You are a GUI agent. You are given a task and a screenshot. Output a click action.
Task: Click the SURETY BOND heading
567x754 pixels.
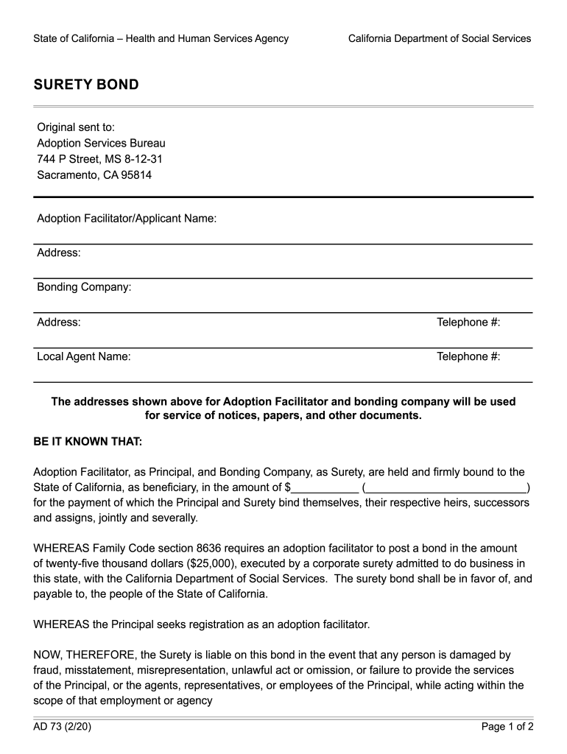pos(86,85)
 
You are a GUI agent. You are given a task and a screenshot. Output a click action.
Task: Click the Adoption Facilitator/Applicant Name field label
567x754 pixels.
pos(127,219)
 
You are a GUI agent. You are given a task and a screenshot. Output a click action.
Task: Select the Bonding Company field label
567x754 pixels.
pos(84,287)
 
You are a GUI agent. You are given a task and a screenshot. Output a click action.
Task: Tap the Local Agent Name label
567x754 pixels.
pos(84,356)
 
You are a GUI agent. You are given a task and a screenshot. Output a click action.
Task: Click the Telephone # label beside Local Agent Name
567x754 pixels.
pos(468,356)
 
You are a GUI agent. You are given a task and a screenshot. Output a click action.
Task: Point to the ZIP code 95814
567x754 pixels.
pos(135,175)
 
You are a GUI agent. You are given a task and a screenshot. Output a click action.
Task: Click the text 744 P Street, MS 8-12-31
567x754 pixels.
pos(99,159)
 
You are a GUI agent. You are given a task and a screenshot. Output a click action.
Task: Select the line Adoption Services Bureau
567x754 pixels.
pos(101,143)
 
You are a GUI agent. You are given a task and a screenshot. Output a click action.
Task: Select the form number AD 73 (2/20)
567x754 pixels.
pos(63,727)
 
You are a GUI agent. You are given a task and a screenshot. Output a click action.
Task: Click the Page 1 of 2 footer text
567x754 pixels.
pos(507,727)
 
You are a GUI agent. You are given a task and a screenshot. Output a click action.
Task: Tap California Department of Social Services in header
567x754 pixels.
pos(440,38)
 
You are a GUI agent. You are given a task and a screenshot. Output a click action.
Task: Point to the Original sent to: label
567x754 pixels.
pos(76,127)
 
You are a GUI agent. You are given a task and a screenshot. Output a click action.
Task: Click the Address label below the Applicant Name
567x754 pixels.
pos(59,253)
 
